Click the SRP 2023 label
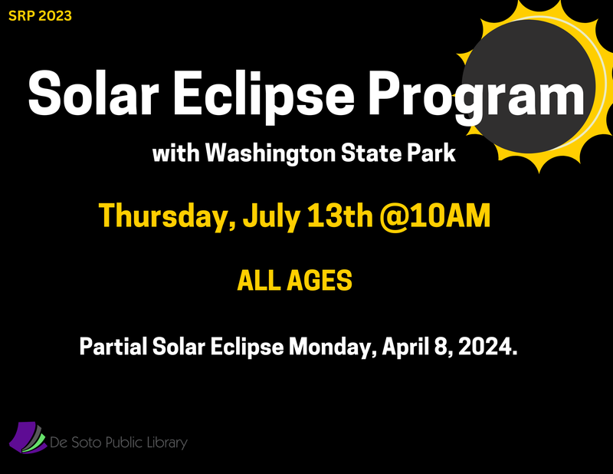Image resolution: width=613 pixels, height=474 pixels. pos(40,14)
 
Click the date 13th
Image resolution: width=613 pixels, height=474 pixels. pos(339,216)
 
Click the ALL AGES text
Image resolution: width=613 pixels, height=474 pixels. pos(295,281)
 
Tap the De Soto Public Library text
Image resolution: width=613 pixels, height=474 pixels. pos(118,443)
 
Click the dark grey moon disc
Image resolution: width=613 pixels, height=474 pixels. pos(529,84)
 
